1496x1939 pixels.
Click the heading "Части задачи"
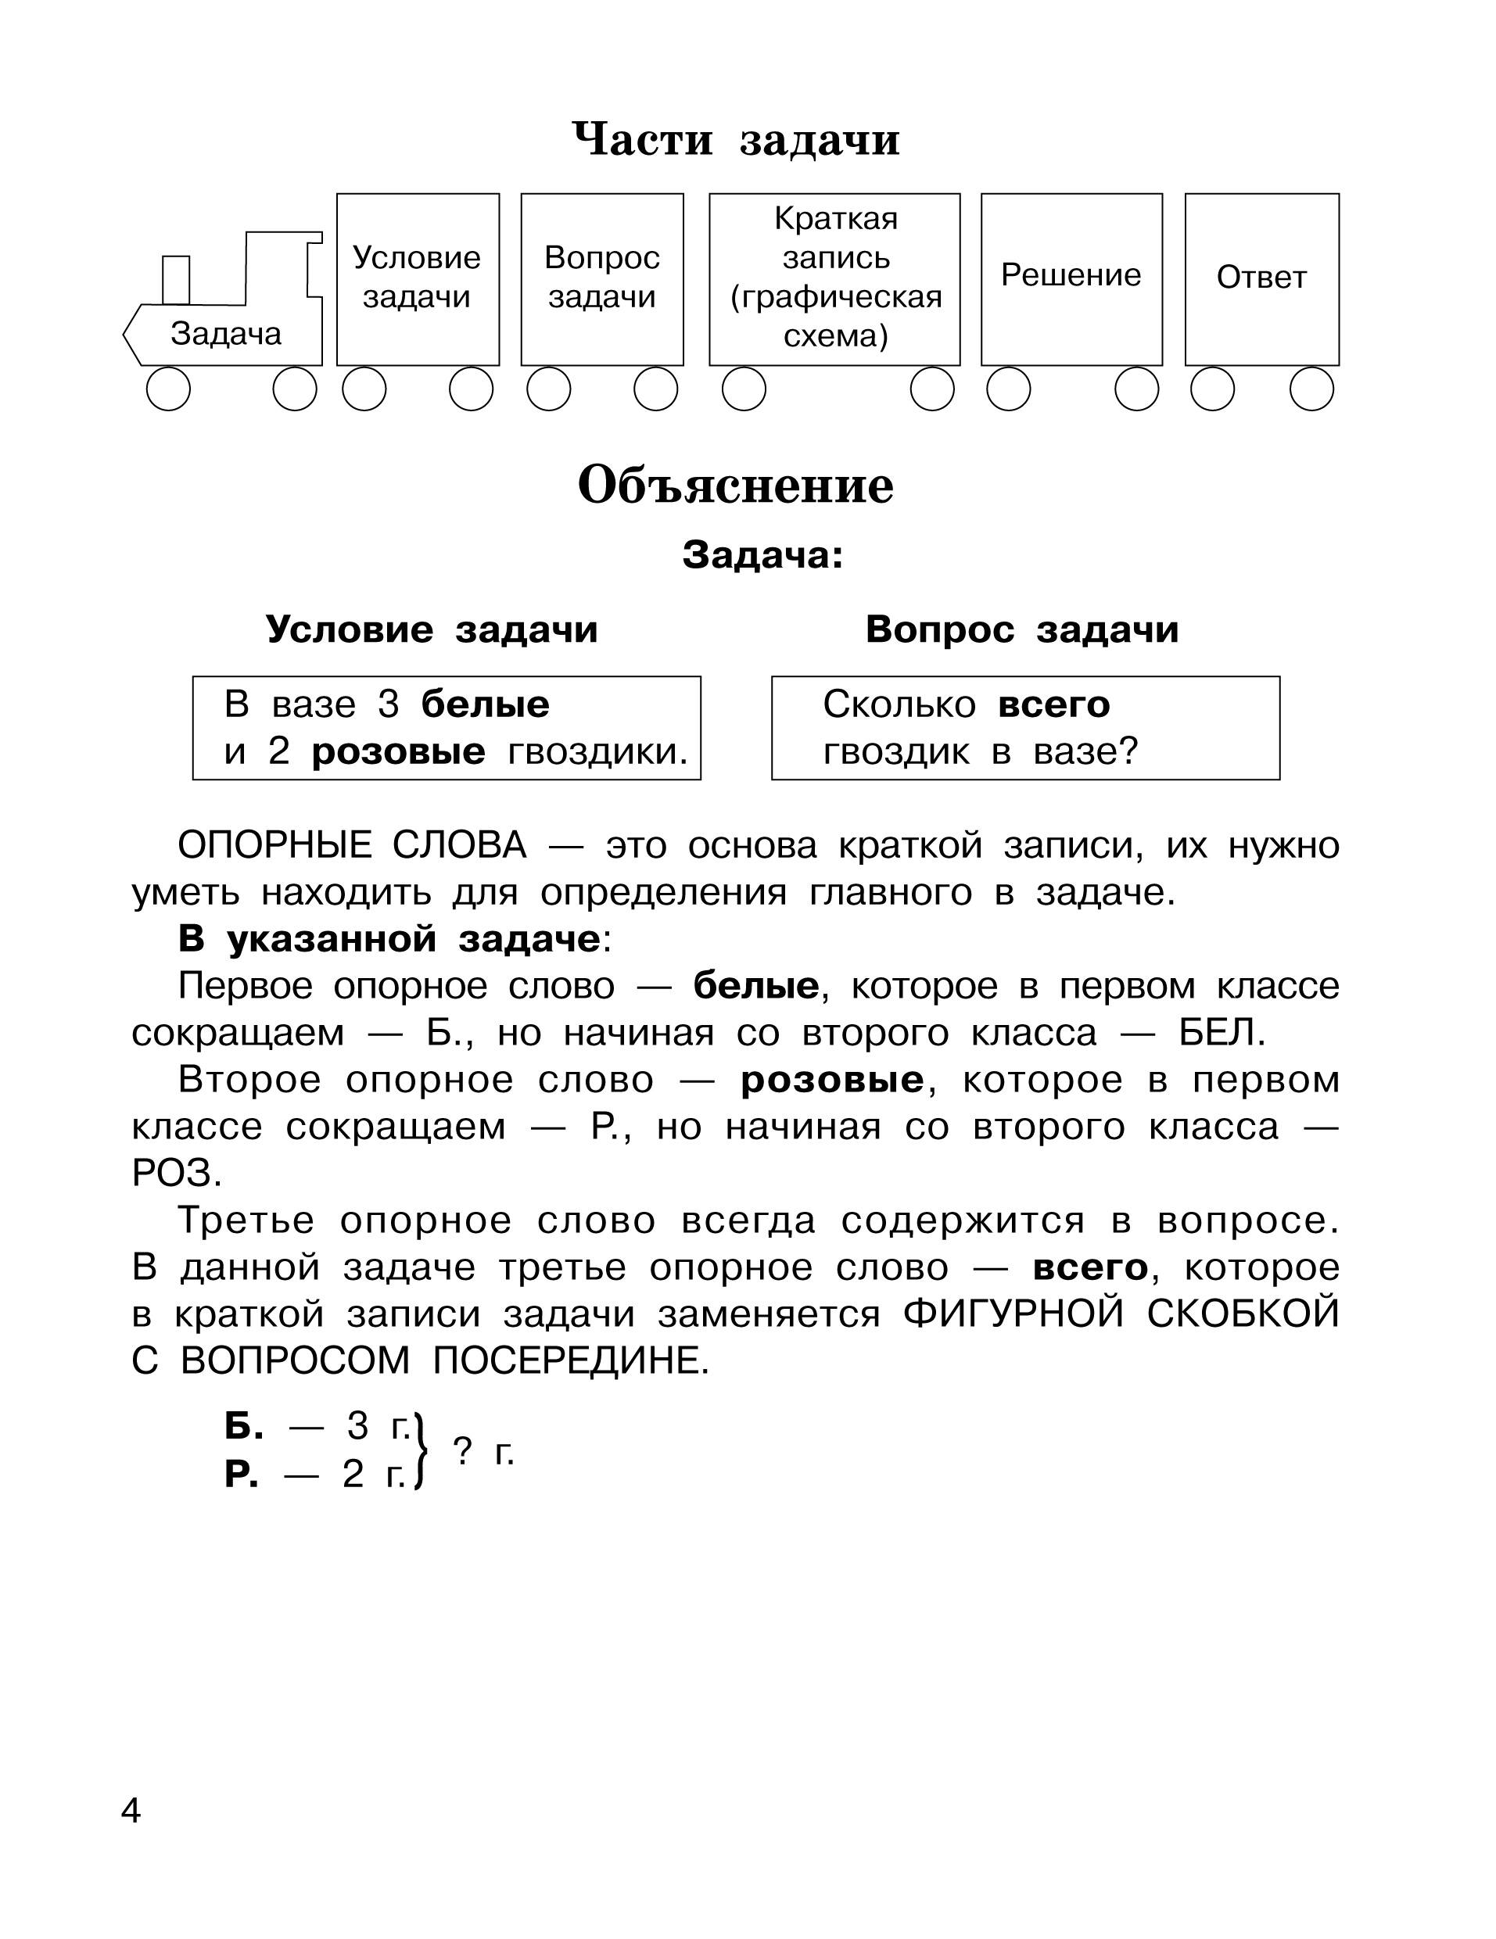tap(735, 139)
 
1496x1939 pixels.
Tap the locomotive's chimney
tap(176, 279)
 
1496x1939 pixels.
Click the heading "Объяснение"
tap(735, 486)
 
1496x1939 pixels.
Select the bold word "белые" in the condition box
tap(485, 705)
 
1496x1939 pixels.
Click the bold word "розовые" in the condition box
tap(399, 752)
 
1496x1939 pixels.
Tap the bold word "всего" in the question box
tap(1054, 705)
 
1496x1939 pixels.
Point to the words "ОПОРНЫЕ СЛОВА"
tap(352, 845)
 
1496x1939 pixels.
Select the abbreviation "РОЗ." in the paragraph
tap(177, 1174)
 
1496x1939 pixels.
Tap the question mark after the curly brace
tap(461, 1450)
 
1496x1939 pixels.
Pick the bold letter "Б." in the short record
tap(243, 1427)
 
